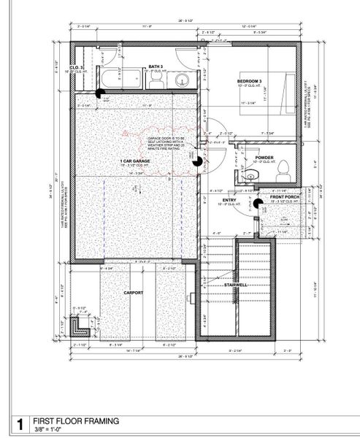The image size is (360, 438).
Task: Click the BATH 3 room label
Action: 155,66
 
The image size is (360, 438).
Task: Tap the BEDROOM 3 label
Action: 250,80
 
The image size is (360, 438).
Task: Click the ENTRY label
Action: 229,199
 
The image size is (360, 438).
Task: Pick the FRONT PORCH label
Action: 283,197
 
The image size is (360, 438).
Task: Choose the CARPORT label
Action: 134,293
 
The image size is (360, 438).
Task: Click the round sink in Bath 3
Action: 183,80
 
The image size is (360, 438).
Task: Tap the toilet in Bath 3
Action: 156,81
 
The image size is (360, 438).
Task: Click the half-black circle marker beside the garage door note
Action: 196,163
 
